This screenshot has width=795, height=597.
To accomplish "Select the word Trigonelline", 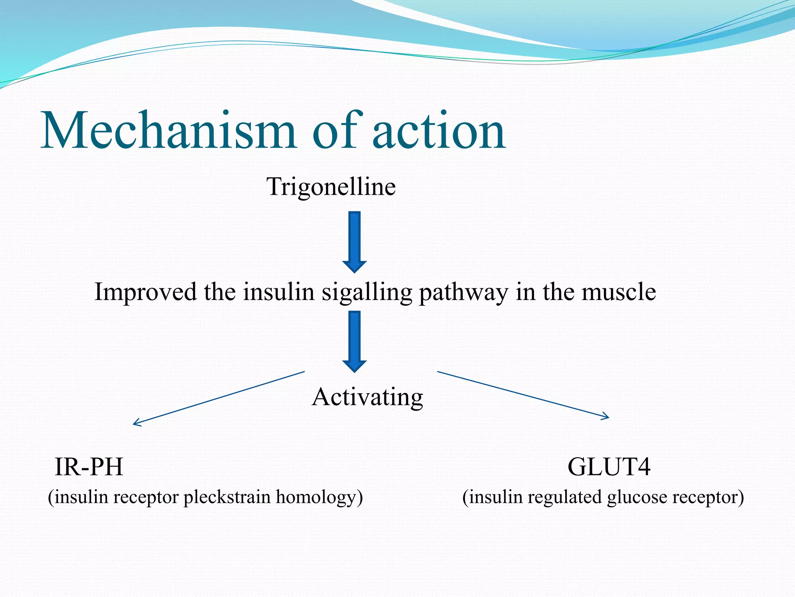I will coord(331,187).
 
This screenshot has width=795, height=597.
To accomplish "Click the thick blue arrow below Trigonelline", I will coord(354,241).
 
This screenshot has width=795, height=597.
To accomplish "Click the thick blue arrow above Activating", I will coord(354,340).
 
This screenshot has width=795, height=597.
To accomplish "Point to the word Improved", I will coord(146,292).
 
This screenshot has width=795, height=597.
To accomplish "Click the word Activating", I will coord(367,398).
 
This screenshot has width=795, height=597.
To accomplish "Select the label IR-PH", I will coord(89,467).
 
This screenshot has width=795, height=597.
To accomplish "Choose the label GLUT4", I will coord(609,467).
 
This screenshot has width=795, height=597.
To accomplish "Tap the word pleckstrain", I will coord(227,497).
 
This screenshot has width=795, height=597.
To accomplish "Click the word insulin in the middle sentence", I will coord(278,292).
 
